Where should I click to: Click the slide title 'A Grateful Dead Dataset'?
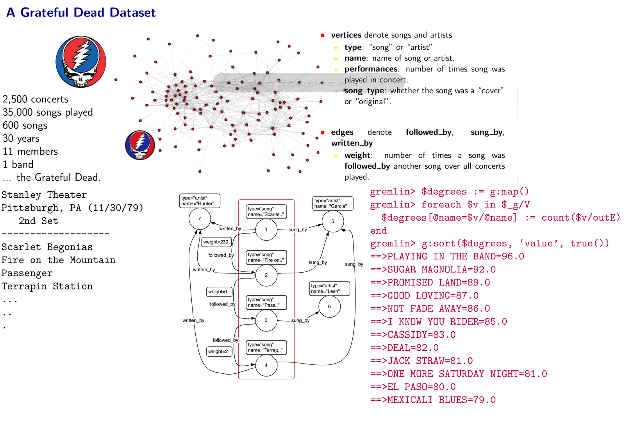click(81, 12)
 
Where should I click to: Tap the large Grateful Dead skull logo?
click(81, 62)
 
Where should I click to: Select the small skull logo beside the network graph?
click(140, 145)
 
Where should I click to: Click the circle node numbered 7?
click(200, 219)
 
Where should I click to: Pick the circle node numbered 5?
click(333, 221)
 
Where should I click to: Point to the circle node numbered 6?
click(329, 306)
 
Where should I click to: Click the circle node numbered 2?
click(266, 275)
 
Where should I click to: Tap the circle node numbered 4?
click(266, 365)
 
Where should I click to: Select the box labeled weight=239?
click(216, 242)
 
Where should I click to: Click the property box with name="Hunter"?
click(200, 201)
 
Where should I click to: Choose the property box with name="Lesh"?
click(330, 289)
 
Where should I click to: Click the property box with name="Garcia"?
click(333, 203)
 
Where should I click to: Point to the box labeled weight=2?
click(219, 352)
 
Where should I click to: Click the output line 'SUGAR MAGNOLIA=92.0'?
click(433, 270)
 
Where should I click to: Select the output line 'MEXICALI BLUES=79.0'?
click(433, 400)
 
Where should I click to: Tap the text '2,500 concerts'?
click(36, 99)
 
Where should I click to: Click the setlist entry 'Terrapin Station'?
click(47, 286)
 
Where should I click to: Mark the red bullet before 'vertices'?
click(323, 36)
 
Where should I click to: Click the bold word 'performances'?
click(371, 69)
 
